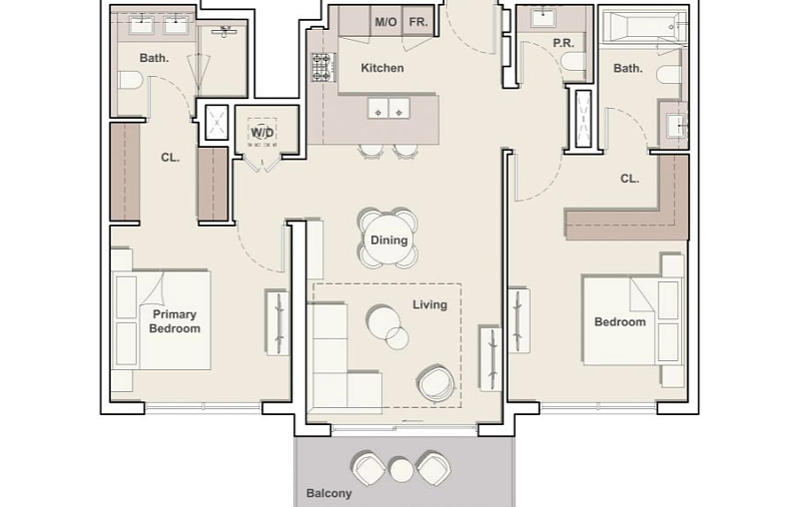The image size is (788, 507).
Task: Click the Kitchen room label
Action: coord(382,68)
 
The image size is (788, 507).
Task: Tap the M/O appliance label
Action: coord(386,22)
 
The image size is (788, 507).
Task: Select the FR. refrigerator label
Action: coord(418,22)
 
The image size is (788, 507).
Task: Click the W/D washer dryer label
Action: coord(262,133)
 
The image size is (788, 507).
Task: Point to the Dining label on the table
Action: coord(389,241)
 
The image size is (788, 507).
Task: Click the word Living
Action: coord(430,304)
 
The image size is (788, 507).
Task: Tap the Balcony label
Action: coord(329,493)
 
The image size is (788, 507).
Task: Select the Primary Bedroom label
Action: coord(175,321)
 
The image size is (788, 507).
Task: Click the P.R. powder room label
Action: coord(564,43)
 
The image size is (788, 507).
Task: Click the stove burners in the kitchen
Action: coord(322,68)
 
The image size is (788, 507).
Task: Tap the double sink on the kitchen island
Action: coord(389,108)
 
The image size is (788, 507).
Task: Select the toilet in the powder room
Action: coord(574,62)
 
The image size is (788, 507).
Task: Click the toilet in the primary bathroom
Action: coord(131,81)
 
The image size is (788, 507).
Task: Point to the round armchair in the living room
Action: coord(436,383)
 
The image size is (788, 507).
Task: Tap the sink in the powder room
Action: coord(543,19)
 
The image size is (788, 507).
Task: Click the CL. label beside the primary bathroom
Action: coord(171,158)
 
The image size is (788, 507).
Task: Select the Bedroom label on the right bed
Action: coord(620,322)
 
